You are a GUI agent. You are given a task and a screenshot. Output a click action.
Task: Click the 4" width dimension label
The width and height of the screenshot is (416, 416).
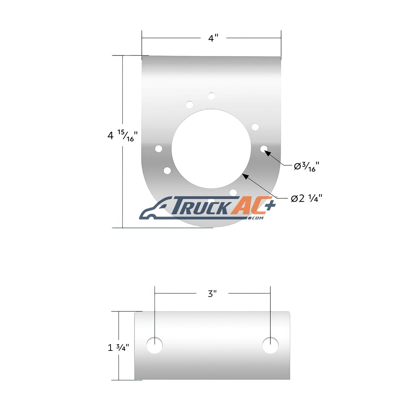pos(213,38)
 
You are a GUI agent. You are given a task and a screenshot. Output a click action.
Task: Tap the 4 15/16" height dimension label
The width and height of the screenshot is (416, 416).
pos(123,136)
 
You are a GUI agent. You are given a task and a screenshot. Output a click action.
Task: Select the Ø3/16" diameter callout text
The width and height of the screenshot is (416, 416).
pos(306,167)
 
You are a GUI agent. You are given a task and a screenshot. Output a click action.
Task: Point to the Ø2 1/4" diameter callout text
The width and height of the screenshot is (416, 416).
pos(306,198)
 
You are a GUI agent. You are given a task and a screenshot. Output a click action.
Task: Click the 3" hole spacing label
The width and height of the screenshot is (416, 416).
pos(212,294)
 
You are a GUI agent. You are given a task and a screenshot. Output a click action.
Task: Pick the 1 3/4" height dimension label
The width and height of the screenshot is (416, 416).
pos(118,348)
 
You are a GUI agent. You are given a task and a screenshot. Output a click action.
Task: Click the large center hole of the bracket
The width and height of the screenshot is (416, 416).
pos(211,148)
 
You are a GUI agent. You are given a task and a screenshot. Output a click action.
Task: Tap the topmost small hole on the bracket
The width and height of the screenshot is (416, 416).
pos(211,96)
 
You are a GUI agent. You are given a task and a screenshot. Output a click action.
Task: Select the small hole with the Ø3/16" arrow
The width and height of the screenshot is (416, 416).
pos(264,149)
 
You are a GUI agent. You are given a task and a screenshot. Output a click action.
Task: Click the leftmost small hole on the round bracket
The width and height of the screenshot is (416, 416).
pos(159,148)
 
